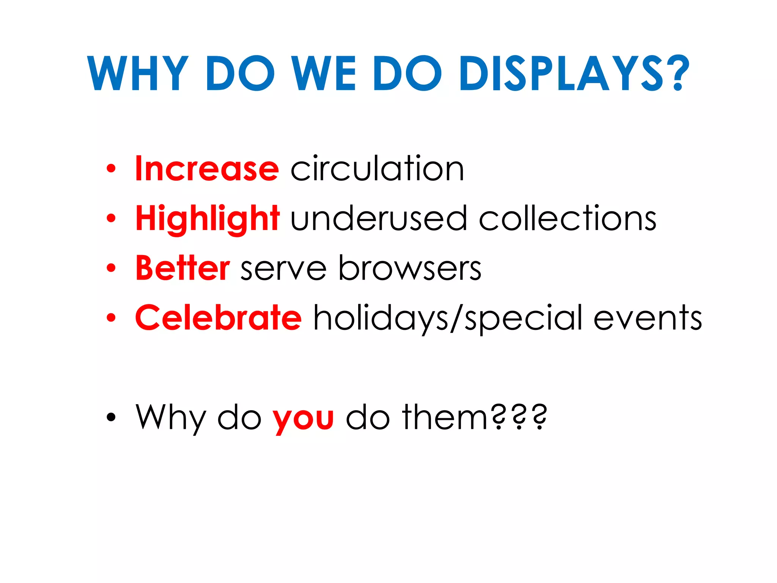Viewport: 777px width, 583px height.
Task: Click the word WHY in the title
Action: point(138,74)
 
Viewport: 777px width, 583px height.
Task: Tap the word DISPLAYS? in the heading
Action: point(574,74)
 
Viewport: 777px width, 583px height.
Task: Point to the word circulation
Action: point(377,169)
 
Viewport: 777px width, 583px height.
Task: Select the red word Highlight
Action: point(208,219)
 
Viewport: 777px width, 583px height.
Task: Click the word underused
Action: point(378,219)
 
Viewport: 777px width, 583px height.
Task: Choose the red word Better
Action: point(182,268)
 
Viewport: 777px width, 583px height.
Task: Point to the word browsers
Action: point(410,268)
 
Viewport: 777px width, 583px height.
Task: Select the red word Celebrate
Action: point(218,318)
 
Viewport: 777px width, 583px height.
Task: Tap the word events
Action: point(647,318)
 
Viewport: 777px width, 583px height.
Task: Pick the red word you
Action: point(303,419)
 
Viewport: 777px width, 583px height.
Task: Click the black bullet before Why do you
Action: point(111,417)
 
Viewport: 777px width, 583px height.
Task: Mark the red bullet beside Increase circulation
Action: point(111,169)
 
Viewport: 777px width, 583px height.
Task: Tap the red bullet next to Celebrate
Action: point(111,318)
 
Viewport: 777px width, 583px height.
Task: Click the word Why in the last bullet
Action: point(170,418)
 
